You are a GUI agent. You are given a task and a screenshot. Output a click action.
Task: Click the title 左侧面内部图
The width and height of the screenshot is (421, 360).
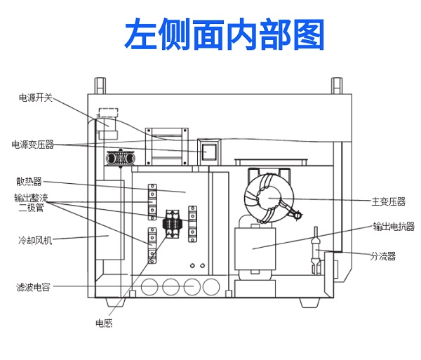[x=225, y=33]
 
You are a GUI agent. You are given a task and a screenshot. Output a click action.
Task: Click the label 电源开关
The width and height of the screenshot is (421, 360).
[x=35, y=98]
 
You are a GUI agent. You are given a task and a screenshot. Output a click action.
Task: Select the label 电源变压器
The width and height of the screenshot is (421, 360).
[x=32, y=145]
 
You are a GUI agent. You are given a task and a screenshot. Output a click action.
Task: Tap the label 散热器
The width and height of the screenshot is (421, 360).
[x=29, y=180]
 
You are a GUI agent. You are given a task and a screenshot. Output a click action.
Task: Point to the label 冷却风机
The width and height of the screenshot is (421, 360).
[x=35, y=240]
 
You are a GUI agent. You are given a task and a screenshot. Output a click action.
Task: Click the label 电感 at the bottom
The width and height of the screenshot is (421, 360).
[x=104, y=323]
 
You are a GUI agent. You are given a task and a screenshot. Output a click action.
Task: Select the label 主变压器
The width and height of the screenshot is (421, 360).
[x=388, y=201]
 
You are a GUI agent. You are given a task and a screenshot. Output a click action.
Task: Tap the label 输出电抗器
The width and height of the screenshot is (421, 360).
[x=393, y=227]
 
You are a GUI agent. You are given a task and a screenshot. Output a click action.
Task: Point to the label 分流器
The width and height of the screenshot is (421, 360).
[x=383, y=256]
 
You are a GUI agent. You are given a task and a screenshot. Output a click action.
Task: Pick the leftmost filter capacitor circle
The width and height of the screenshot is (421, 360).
[x=149, y=287]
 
